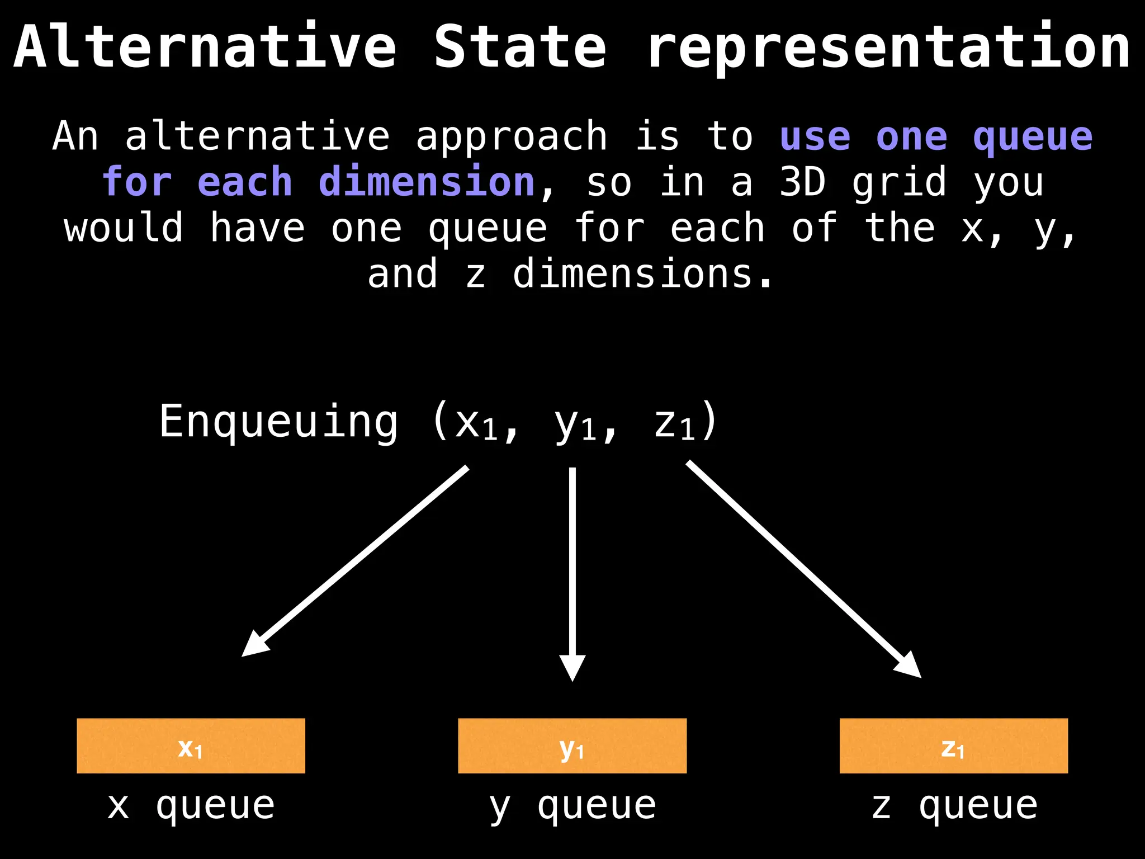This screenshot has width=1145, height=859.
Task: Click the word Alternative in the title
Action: point(205,48)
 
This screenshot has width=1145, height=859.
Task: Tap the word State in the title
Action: point(520,48)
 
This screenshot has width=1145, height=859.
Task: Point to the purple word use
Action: point(815,136)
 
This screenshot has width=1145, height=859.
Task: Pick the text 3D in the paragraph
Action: point(802,182)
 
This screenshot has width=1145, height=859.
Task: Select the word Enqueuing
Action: point(278,422)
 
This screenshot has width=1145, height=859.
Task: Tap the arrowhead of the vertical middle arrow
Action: point(572,667)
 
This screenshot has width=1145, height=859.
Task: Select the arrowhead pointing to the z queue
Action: point(908,666)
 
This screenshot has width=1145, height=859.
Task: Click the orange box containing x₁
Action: point(191,745)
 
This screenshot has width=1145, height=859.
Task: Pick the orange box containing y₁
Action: point(572,745)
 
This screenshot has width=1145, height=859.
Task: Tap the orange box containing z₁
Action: point(953,745)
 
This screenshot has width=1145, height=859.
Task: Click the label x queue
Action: point(191,806)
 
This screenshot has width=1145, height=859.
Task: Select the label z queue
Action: point(954,806)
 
